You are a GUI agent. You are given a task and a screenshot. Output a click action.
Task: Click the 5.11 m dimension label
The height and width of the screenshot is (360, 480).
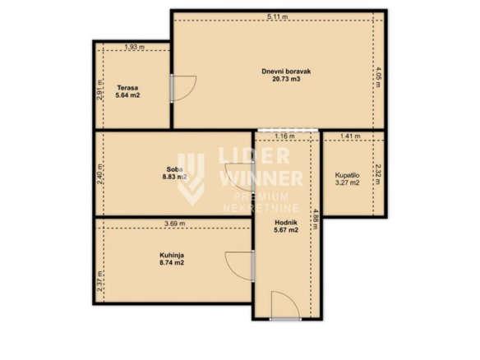277,16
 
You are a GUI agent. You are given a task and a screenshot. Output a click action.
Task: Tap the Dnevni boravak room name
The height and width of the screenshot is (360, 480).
286,72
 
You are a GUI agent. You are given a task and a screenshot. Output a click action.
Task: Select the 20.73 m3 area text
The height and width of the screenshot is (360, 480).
286,79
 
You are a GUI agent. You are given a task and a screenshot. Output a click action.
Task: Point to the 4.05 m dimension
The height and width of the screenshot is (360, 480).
378,77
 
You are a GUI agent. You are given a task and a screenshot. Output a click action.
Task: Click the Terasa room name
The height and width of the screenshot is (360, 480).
127,88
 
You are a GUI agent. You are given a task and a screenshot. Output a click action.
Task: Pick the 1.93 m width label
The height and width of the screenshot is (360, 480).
135,47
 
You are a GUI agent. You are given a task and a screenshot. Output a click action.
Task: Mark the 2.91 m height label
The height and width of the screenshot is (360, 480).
99,90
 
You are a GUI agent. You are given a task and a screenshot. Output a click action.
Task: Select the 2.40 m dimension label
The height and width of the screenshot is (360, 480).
99,174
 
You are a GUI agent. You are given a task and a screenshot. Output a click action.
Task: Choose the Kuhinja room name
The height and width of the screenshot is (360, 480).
172,255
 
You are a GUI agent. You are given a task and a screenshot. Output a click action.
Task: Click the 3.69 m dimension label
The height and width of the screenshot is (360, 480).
175,224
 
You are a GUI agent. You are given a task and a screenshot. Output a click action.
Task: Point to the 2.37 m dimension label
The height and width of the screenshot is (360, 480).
99,281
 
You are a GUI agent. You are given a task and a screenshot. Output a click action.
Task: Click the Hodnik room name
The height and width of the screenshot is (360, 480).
286,223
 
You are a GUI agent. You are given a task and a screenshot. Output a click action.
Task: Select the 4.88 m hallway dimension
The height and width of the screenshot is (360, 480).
316,219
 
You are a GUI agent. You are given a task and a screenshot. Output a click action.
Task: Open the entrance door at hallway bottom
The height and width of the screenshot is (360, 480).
285,319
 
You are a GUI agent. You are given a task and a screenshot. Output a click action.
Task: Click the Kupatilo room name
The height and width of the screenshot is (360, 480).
347,175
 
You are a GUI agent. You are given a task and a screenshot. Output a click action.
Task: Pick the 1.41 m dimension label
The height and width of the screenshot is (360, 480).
350,136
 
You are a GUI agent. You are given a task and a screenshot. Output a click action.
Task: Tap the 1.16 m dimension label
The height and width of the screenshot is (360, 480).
284,136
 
